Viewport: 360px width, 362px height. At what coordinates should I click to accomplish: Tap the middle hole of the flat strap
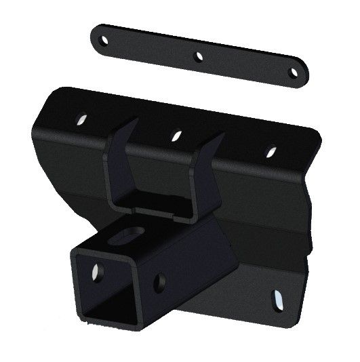point(199,57)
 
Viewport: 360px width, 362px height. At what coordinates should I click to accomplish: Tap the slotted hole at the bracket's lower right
point(278,298)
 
